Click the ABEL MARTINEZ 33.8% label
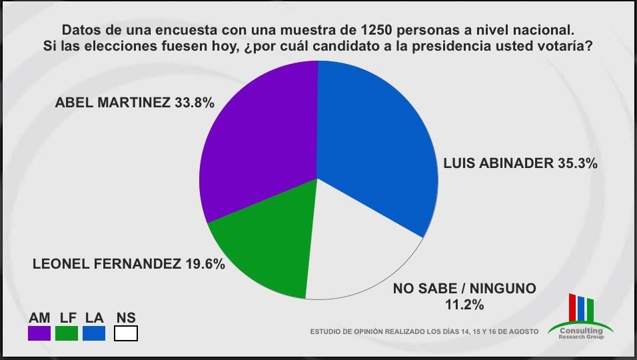click(135, 103)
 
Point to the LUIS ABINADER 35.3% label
click(519, 163)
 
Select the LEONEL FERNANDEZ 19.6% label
click(129, 263)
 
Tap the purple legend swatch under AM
click(39, 333)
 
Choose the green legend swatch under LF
click(67, 333)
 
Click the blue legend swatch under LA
click(94, 333)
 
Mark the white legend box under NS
click(126, 333)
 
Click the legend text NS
click(126, 318)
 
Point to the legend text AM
click(39, 318)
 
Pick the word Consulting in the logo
click(581, 330)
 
